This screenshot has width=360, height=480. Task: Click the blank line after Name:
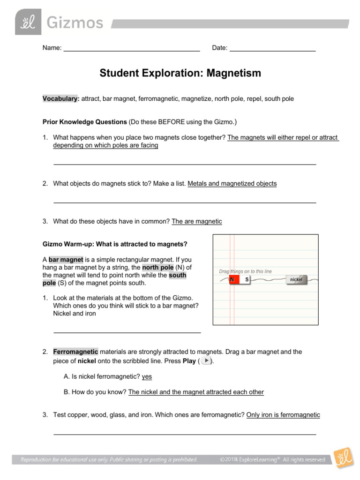point(132,49)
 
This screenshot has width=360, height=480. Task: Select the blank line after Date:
point(272,49)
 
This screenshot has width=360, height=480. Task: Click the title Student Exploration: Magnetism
point(180,73)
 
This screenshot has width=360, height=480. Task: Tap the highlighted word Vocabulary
point(60,99)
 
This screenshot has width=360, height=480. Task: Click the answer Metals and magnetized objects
point(232,184)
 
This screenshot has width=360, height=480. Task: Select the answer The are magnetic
point(197,221)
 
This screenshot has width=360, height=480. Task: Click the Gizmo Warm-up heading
point(115,244)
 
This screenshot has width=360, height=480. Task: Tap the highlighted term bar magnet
point(66,259)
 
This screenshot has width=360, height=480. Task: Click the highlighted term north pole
point(161,267)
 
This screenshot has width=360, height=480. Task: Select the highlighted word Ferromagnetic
point(75,352)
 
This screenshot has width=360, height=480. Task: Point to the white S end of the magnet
point(246,280)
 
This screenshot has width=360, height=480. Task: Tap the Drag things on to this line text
point(245,271)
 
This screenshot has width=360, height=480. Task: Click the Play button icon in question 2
point(204,360)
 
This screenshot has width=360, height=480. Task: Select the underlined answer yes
point(147,376)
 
